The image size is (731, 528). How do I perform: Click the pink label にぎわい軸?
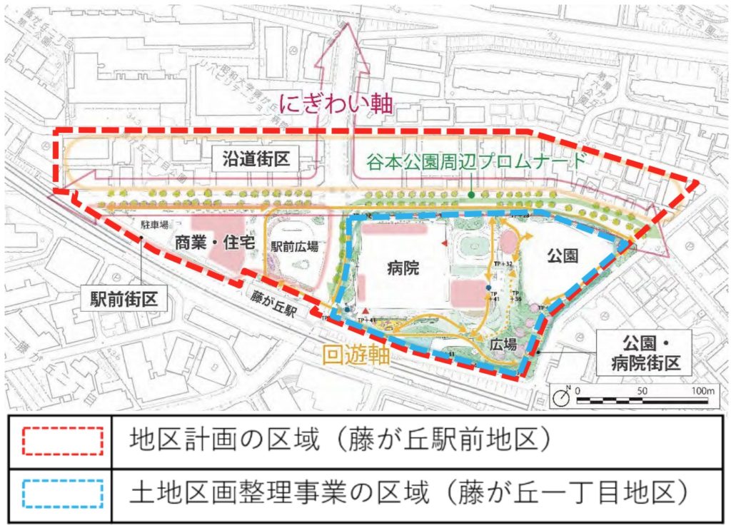click(336, 104)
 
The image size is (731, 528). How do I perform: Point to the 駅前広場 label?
click(295, 245)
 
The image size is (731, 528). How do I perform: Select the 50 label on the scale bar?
click(640, 392)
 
